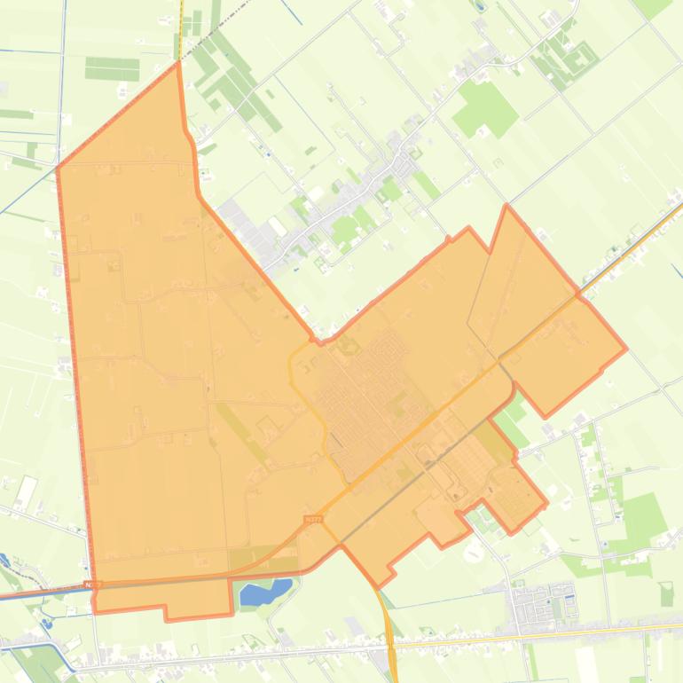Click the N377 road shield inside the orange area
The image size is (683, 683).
[311, 520]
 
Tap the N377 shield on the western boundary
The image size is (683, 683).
[93, 585]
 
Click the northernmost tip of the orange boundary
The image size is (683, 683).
[178, 61]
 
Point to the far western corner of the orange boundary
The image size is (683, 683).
[58, 167]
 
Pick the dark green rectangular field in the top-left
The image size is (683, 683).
[112, 68]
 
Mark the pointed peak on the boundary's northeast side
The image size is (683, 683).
[507, 206]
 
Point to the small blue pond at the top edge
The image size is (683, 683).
[480, 5]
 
